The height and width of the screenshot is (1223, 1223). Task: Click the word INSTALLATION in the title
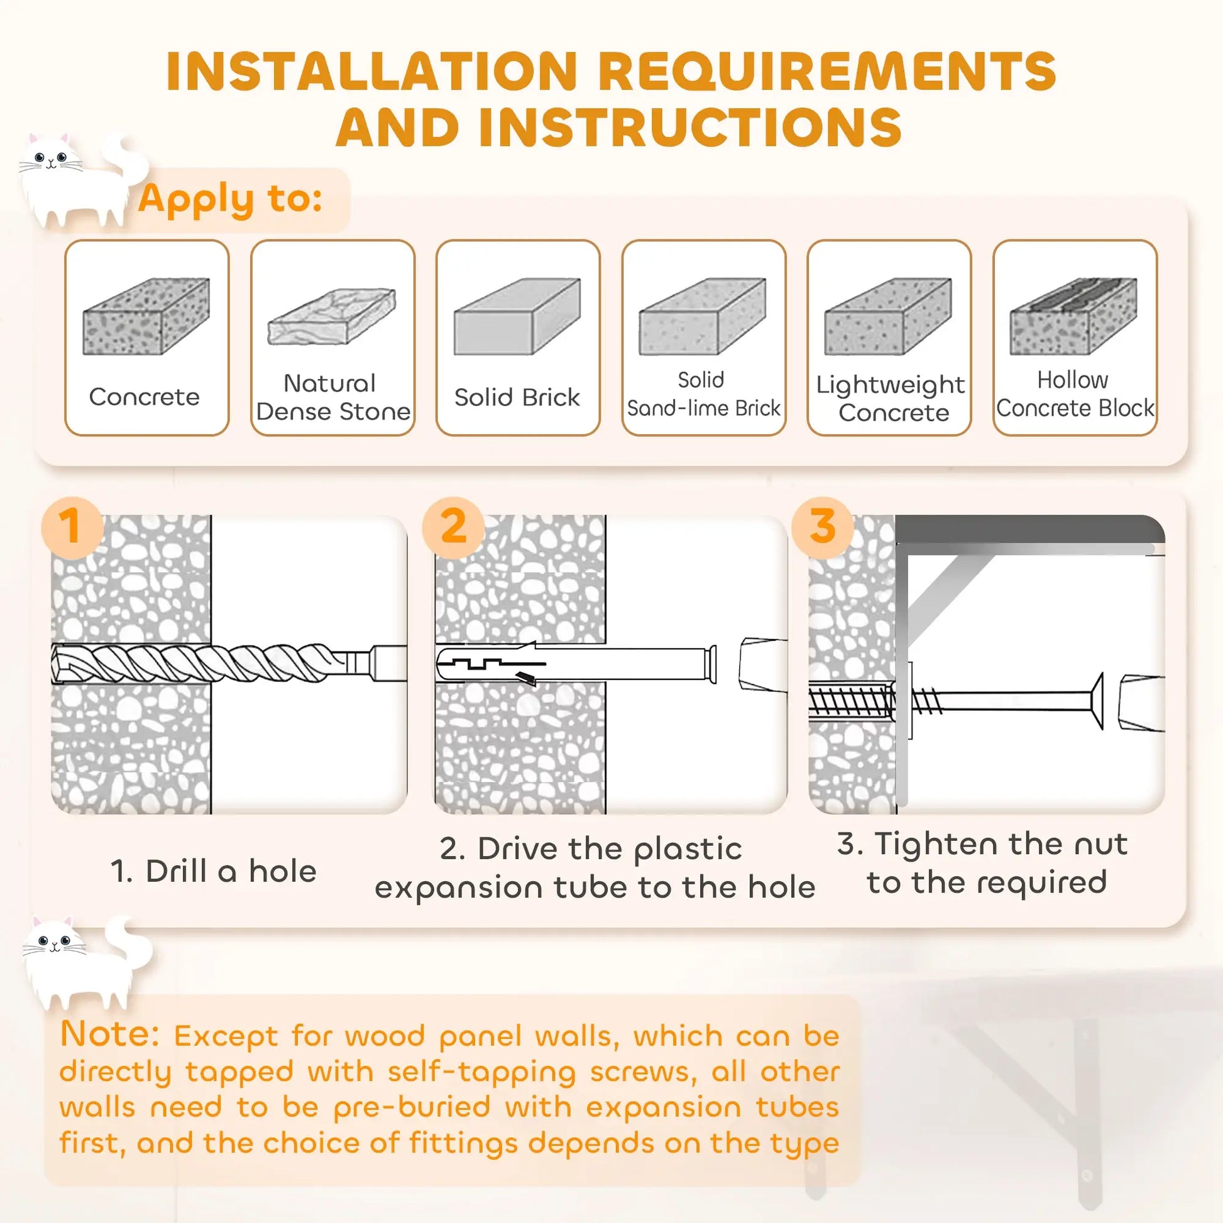point(371,71)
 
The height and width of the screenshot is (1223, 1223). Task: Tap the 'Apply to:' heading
point(231,199)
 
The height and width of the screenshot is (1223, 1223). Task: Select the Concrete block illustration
point(146,317)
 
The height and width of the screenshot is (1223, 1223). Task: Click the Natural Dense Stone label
point(333,398)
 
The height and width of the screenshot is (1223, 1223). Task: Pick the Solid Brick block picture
point(517,317)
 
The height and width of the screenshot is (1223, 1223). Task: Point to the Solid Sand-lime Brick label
point(703,395)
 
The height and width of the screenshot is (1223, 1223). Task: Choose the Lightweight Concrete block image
point(888,317)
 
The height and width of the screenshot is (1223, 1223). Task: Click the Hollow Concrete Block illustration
point(1073,317)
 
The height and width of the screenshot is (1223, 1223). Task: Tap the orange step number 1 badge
point(72,527)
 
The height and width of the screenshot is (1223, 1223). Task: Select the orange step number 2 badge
point(453,527)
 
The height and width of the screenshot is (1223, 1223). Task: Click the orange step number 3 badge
point(821,527)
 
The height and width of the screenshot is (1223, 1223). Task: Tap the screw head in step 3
point(1099,701)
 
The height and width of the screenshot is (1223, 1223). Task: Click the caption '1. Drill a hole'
point(213,872)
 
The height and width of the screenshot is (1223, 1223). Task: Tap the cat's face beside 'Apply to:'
point(51,158)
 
